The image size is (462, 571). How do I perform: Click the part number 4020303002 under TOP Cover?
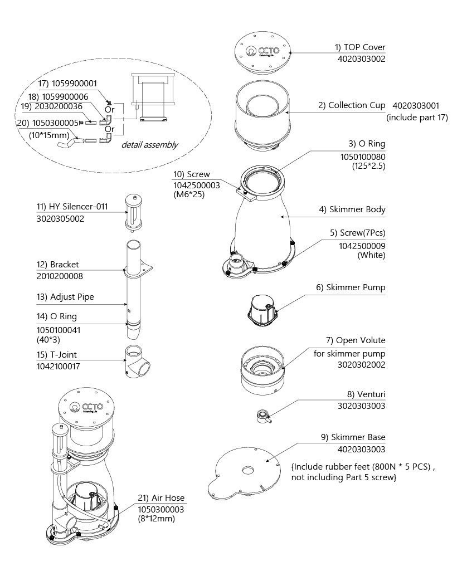[361, 59]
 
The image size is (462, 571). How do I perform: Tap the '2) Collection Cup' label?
[352, 105]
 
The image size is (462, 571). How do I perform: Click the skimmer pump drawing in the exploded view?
[262, 311]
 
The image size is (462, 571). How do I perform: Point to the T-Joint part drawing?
[137, 362]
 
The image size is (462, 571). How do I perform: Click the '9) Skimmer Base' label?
[353, 437]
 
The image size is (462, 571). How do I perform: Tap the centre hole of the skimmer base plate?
[249, 470]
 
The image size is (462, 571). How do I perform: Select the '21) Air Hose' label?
[161, 498]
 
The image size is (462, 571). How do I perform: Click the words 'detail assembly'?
[150, 145]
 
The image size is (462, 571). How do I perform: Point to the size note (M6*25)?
[189, 194]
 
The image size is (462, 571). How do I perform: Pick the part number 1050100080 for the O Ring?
[363, 157]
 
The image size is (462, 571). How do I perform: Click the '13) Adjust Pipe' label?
[65, 297]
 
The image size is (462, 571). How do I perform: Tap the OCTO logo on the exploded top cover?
[262, 51]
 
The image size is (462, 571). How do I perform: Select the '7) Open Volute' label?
[356, 340]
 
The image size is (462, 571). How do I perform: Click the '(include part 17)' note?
[417, 117]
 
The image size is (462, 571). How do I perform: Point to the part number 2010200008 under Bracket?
[60, 276]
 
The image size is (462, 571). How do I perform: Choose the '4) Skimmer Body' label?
[352, 209]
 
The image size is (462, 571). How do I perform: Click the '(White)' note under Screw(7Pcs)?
[371, 255]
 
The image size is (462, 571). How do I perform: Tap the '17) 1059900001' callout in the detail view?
[68, 84]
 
